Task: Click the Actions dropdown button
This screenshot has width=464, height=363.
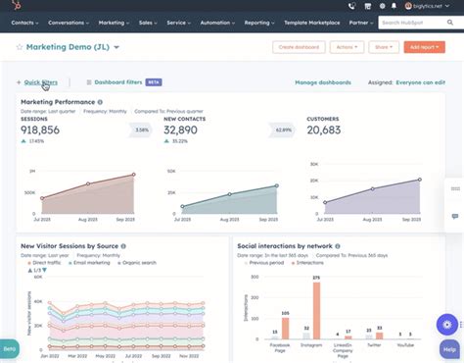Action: tap(346, 47)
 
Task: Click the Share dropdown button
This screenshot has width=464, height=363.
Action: tap(385, 47)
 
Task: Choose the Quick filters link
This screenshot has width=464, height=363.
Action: tap(40, 82)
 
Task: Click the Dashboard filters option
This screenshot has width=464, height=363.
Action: tap(119, 82)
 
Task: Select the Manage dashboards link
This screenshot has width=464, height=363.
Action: tap(322, 82)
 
